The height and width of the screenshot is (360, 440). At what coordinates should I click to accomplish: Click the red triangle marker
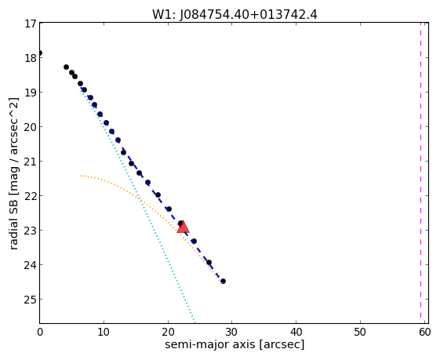(184, 227)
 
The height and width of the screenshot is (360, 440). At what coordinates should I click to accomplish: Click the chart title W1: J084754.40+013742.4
(235, 15)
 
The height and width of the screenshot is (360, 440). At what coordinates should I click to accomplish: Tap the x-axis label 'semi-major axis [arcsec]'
(235, 345)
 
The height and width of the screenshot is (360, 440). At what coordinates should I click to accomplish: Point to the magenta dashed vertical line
(420, 170)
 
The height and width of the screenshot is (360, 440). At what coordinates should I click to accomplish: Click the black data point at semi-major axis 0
(40, 53)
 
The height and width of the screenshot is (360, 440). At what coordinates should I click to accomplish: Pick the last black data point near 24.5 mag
(223, 281)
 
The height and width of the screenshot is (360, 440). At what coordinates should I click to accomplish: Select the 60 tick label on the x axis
(424, 333)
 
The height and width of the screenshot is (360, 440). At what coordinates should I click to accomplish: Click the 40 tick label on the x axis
(296, 333)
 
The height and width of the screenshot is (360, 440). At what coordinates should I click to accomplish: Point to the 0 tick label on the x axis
(40, 333)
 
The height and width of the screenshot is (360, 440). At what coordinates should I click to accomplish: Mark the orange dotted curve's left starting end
(81, 176)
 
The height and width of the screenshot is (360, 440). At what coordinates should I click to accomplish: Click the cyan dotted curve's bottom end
(195, 322)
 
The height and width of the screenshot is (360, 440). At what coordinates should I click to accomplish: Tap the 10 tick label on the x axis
(104, 333)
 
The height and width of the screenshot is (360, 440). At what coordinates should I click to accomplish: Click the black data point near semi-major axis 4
(66, 67)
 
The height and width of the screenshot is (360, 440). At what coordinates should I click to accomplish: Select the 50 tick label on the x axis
(360, 333)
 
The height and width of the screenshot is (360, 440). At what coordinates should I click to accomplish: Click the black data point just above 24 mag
(209, 263)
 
